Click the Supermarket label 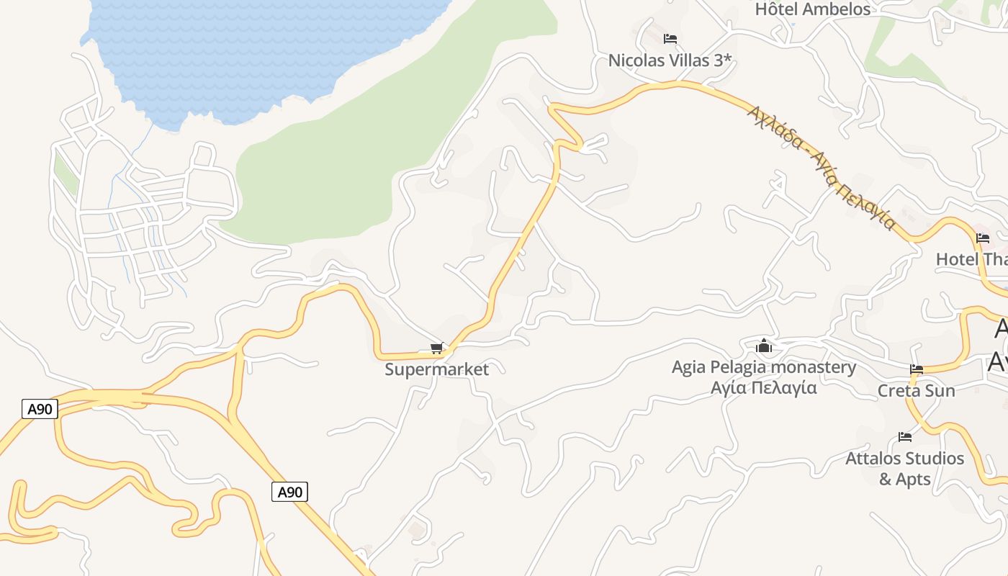click(436, 369)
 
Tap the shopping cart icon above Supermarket click(436, 348)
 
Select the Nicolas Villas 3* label click(670, 60)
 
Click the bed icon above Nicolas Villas click(670, 38)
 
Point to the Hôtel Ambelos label click(812, 9)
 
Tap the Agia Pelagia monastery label click(764, 367)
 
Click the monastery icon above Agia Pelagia click(764, 346)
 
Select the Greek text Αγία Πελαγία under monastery click(764, 387)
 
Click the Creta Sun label click(916, 391)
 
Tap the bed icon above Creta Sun click(916, 369)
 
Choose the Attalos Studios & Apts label click(904, 468)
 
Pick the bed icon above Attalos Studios click(905, 436)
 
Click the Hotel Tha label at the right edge click(971, 259)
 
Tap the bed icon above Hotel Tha click(982, 238)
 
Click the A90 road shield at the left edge click(40, 409)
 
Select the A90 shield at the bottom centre click(289, 492)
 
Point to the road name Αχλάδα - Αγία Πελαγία click(821, 167)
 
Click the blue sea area click(252, 50)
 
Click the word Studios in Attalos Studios click(933, 459)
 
